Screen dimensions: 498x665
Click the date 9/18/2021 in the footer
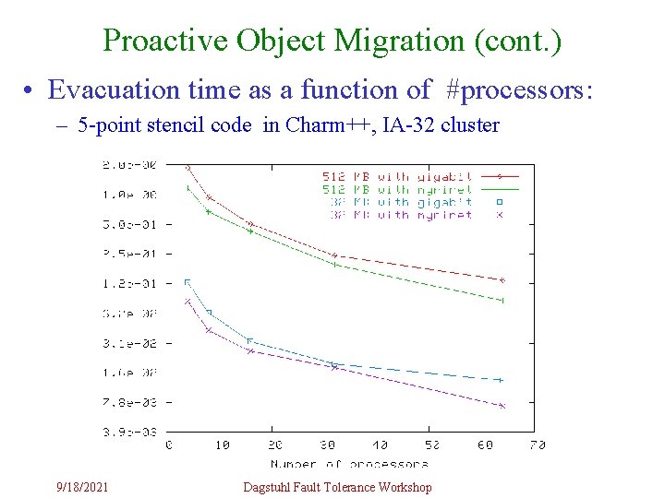tap(81, 487)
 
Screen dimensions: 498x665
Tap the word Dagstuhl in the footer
tap(268, 487)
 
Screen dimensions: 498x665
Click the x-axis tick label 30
tap(328, 445)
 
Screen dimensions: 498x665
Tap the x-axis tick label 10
tap(222, 445)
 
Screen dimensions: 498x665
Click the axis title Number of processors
tap(349, 463)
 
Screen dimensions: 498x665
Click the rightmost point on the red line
tap(502, 279)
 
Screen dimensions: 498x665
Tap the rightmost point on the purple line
tap(502, 406)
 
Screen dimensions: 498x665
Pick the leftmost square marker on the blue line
tap(187, 282)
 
